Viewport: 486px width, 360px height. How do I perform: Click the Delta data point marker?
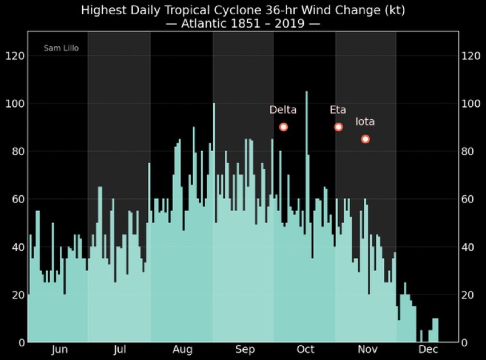283,127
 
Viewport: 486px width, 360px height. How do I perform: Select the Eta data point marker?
338,127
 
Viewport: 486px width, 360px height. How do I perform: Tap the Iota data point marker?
365,139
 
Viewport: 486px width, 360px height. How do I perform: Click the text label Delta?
283,110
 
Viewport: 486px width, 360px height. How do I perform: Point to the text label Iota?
365,122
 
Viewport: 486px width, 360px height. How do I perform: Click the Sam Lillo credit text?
61,48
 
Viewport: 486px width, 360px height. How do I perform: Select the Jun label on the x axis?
59,350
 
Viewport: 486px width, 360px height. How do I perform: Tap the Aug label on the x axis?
182,350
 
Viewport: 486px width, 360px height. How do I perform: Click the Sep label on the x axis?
245,350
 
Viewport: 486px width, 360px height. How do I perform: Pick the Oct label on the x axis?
306,350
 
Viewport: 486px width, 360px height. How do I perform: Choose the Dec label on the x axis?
428,350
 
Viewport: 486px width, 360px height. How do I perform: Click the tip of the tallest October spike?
306,92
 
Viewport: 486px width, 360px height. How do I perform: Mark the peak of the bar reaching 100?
214,104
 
